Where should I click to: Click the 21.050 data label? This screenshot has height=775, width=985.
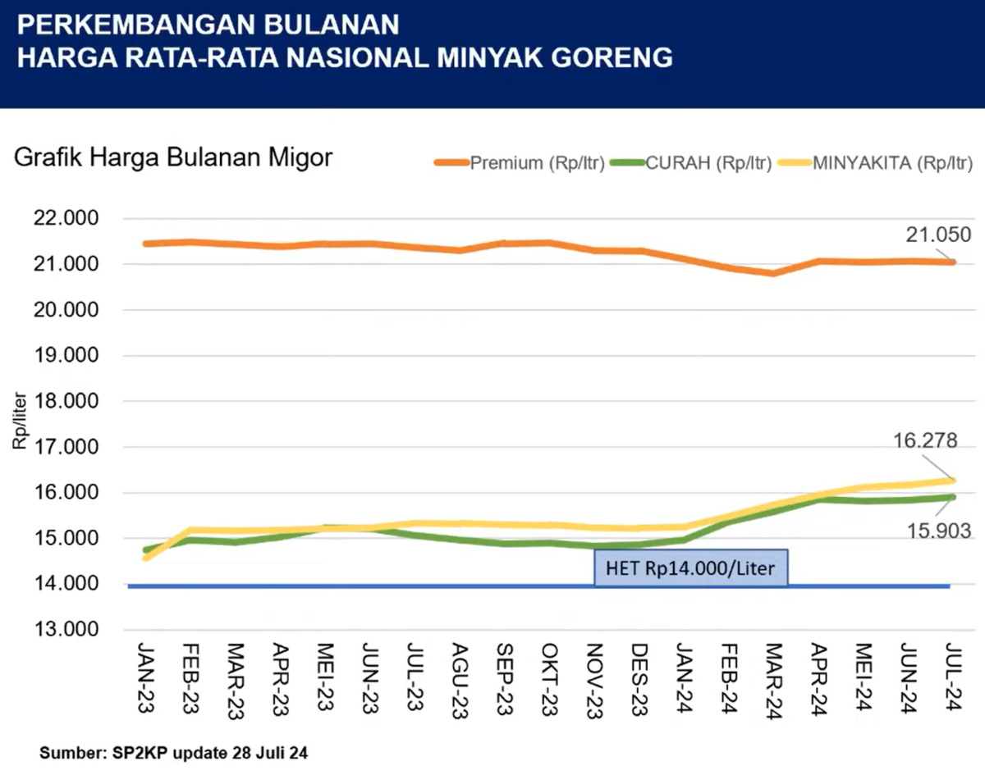(932, 234)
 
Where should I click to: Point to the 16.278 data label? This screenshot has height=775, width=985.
(925, 441)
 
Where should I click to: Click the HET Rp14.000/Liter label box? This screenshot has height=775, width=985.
(691, 568)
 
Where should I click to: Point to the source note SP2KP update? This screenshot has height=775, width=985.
(173, 751)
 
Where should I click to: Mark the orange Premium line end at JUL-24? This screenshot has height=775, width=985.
(951, 262)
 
